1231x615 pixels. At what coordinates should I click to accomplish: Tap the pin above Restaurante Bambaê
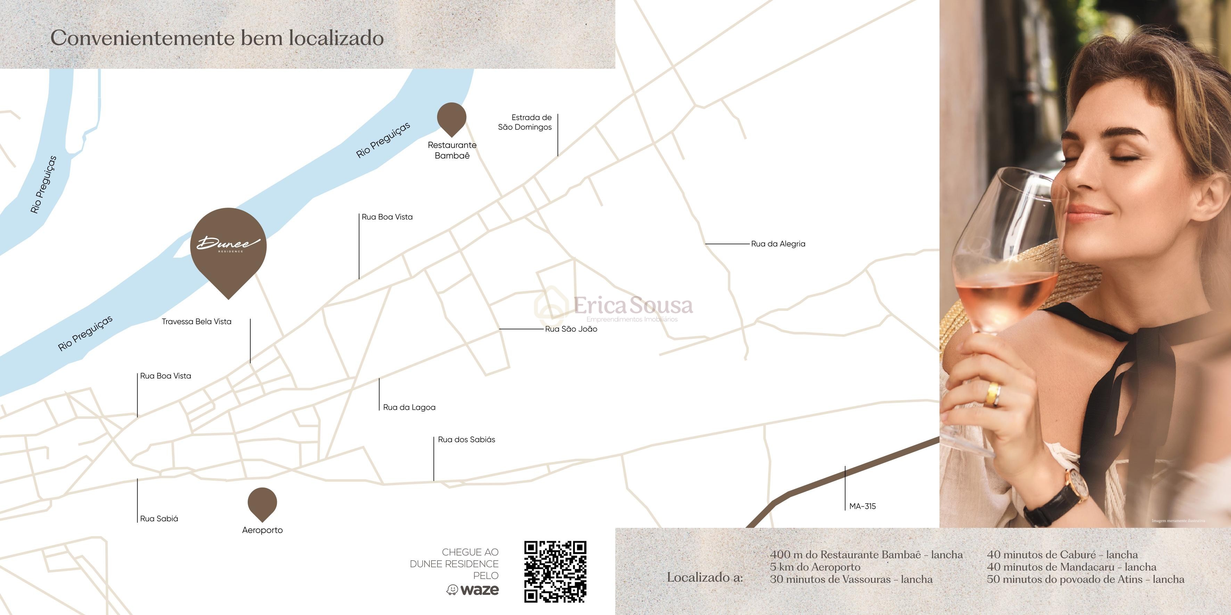pyautogui.click(x=452, y=117)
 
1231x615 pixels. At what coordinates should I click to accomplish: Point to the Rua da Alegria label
pyautogui.click(x=778, y=244)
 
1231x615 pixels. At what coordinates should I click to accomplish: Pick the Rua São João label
pyautogui.click(x=571, y=329)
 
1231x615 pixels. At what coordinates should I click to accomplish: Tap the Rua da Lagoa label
pyautogui.click(x=409, y=407)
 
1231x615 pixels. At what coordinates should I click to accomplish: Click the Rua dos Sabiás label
pyautogui.click(x=466, y=440)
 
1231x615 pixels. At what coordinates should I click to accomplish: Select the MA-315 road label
pyautogui.click(x=863, y=506)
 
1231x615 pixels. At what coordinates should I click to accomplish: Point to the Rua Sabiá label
pyautogui.click(x=159, y=518)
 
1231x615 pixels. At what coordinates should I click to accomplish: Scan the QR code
pyautogui.click(x=555, y=572)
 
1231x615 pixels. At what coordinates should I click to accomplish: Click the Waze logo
pyautogui.click(x=473, y=590)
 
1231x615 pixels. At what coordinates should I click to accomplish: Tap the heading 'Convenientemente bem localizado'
pyautogui.click(x=217, y=38)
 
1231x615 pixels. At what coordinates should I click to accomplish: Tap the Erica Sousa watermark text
pyautogui.click(x=633, y=306)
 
